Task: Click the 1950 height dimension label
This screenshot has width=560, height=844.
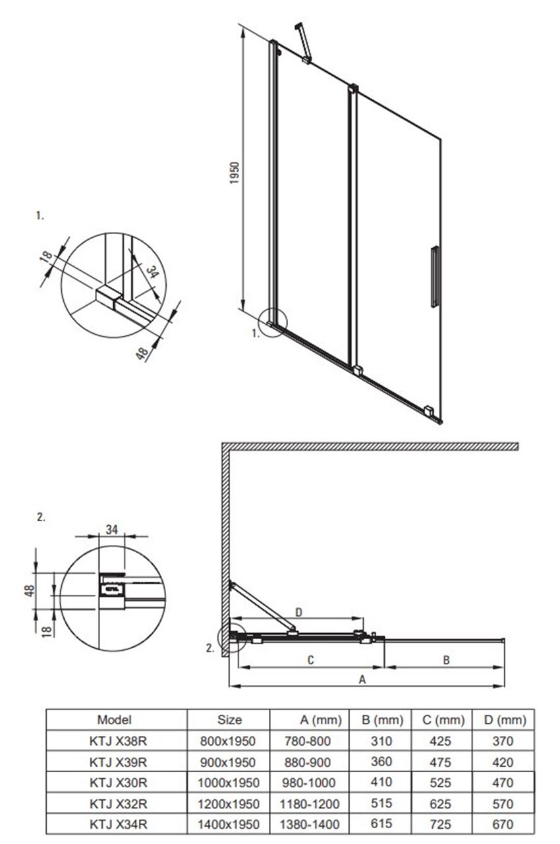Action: tap(235, 173)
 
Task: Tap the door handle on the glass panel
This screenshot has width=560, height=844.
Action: tap(434, 277)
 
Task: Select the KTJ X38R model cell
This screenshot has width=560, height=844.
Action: tap(118, 741)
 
